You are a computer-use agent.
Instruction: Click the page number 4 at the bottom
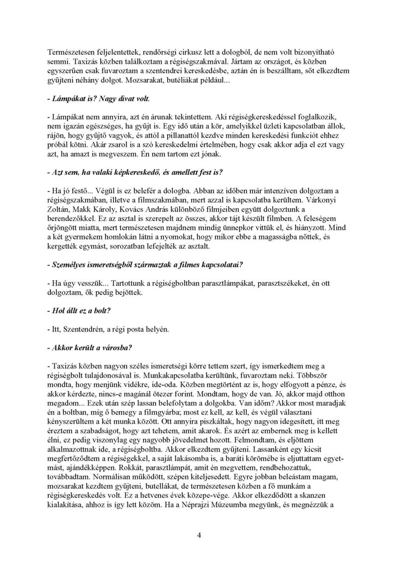click(x=199, y=535)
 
